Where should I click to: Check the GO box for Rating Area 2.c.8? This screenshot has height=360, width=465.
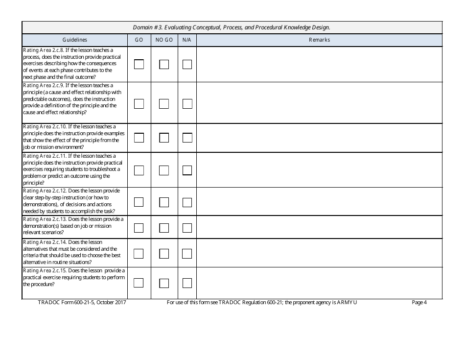point(139,64)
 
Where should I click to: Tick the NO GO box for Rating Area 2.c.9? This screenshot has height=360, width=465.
point(164,104)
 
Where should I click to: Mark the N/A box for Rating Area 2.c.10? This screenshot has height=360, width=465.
point(187,138)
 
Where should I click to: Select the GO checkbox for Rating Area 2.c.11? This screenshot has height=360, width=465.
point(139,170)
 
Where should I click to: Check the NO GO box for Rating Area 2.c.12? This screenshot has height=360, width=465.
point(164,202)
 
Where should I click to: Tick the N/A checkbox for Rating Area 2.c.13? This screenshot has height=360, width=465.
point(187,228)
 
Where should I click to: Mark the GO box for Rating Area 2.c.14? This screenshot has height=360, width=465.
point(139,253)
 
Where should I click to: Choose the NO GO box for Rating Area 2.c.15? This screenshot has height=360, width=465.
point(164,283)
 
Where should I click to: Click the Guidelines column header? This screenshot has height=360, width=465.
point(75,40)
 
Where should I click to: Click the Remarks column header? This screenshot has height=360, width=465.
point(319,40)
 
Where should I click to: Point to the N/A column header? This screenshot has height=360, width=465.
point(187,40)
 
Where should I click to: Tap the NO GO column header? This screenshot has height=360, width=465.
point(164,40)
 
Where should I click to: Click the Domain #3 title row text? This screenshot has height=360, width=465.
point(232,27)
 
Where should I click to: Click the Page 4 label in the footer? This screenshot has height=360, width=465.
point(419,303)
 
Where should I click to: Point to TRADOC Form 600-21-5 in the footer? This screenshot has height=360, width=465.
point(82,303)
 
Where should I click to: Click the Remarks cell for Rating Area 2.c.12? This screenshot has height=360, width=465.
point(319,201)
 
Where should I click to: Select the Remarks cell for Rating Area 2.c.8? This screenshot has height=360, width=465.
point(319,64)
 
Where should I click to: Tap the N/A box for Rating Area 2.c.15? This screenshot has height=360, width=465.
point(187,283)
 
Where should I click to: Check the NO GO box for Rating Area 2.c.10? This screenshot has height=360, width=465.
point(164,138)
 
